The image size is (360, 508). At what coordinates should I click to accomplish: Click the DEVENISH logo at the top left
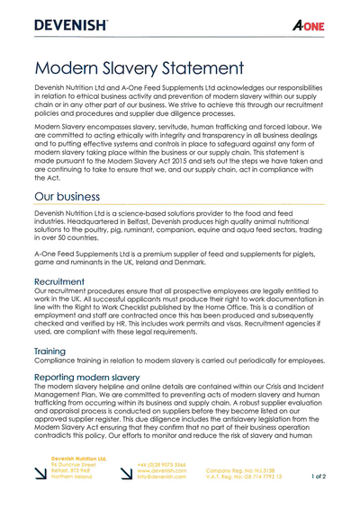click(x=73, y=25)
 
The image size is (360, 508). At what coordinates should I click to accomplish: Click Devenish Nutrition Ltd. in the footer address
click(x=79, y=458)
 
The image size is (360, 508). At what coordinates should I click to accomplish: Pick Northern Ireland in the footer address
click(x=72, y=477)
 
